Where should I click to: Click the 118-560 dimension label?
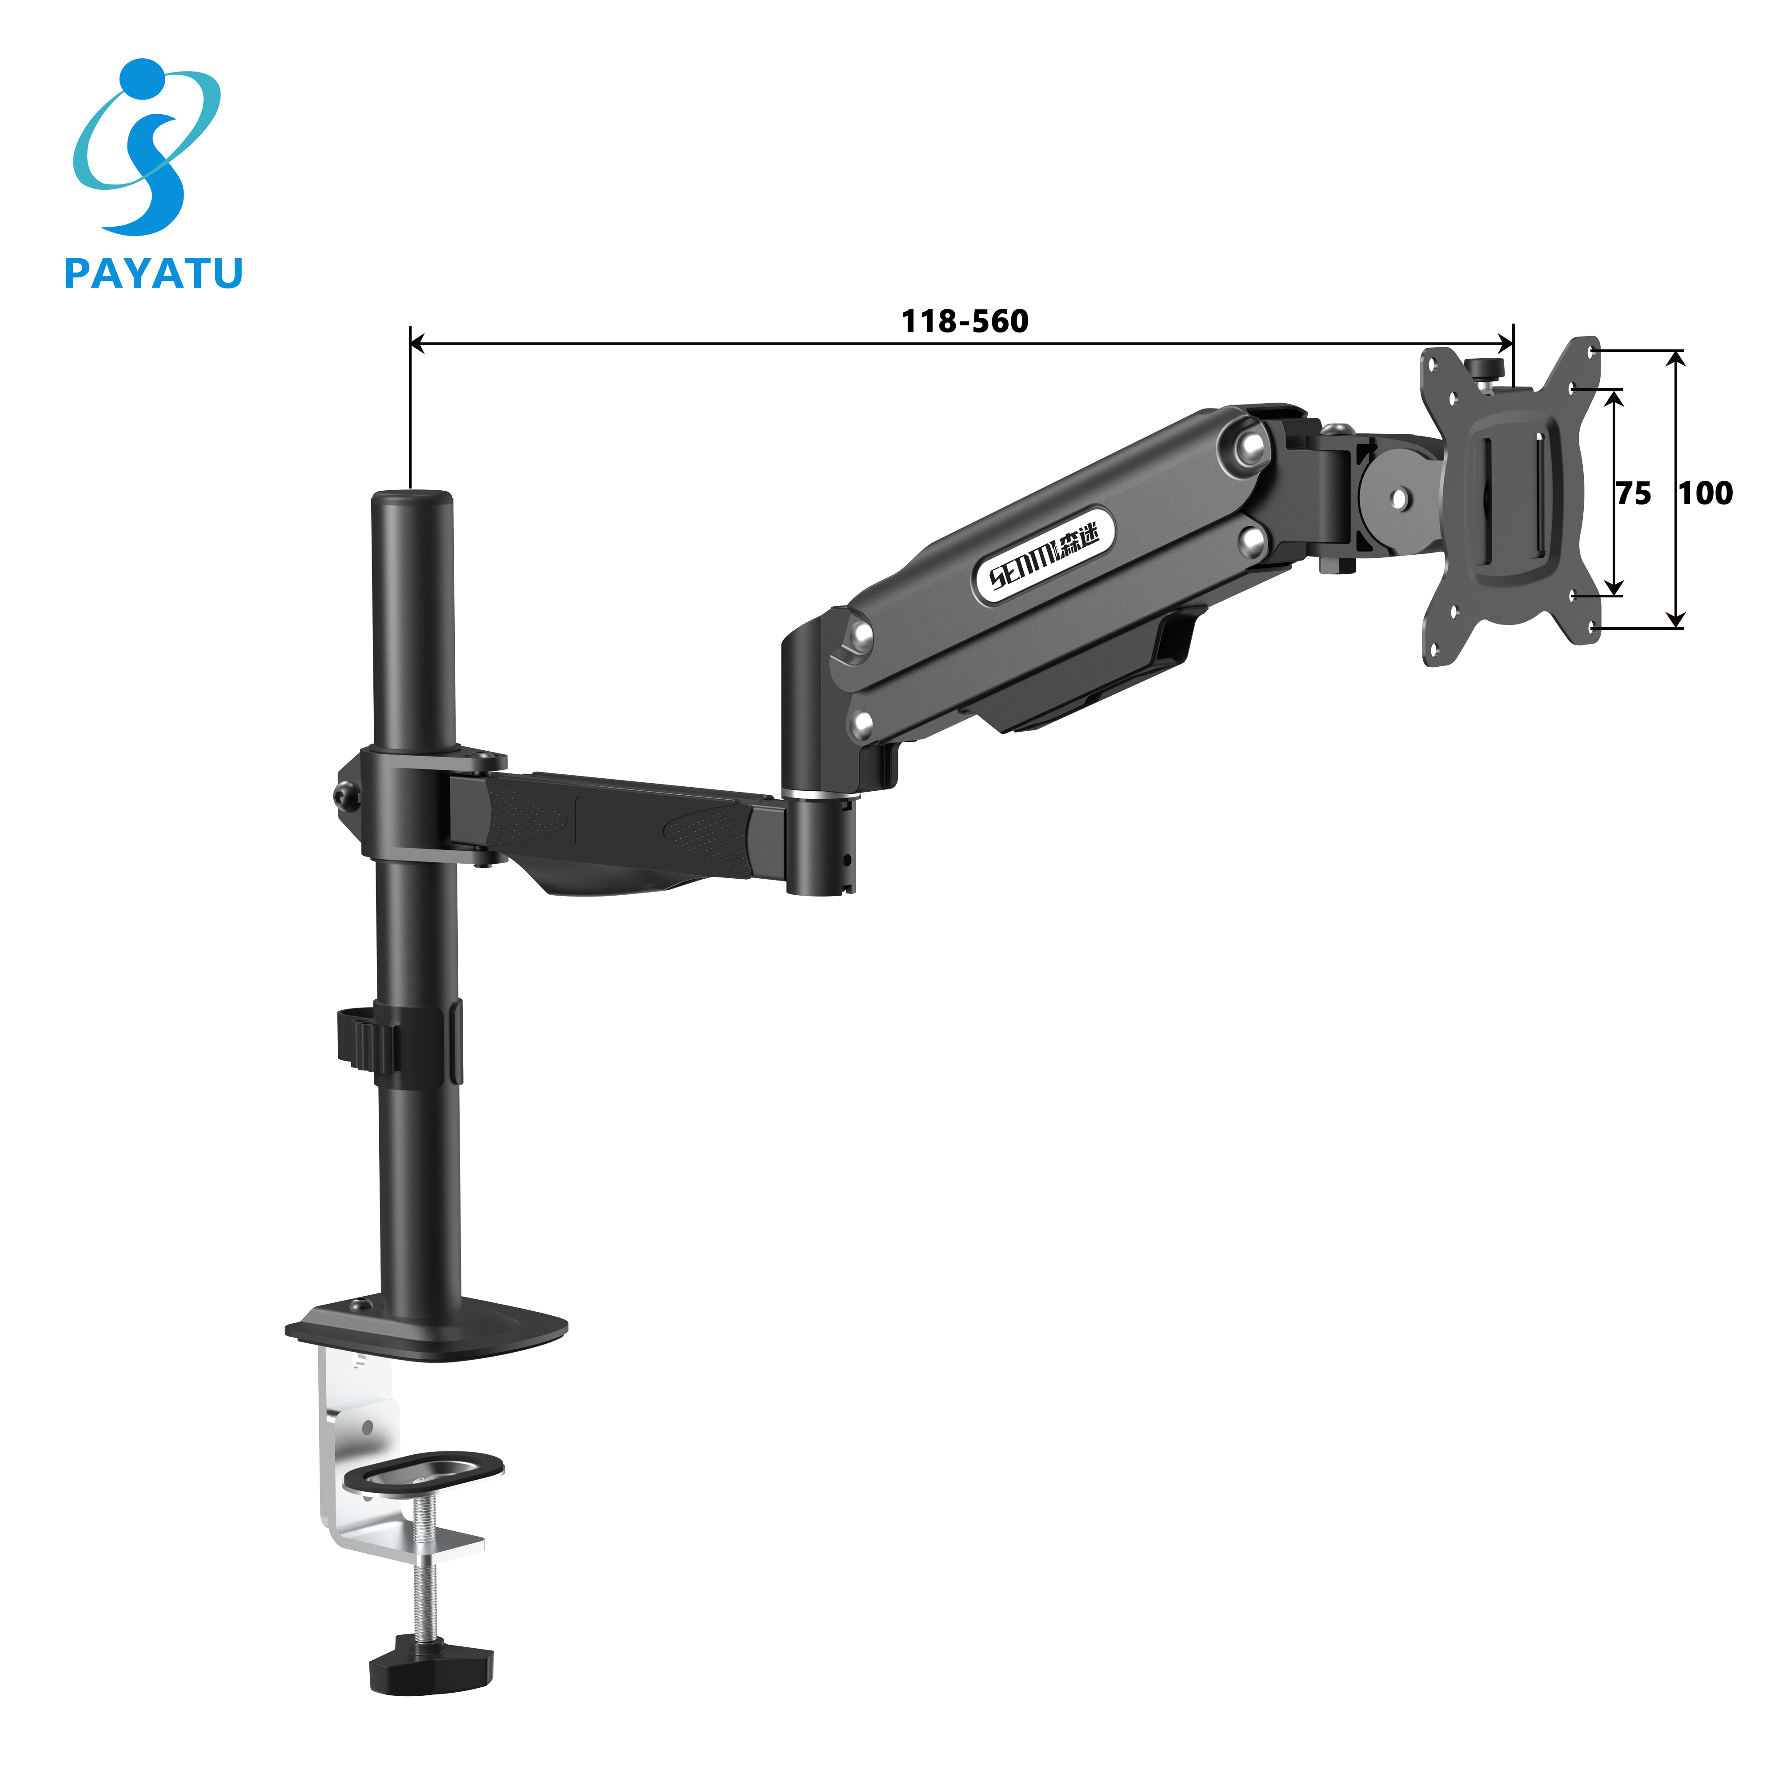[x=965, y=321]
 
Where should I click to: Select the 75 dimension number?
[x=1634, y=494]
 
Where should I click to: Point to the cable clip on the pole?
[x=368, y=1039]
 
